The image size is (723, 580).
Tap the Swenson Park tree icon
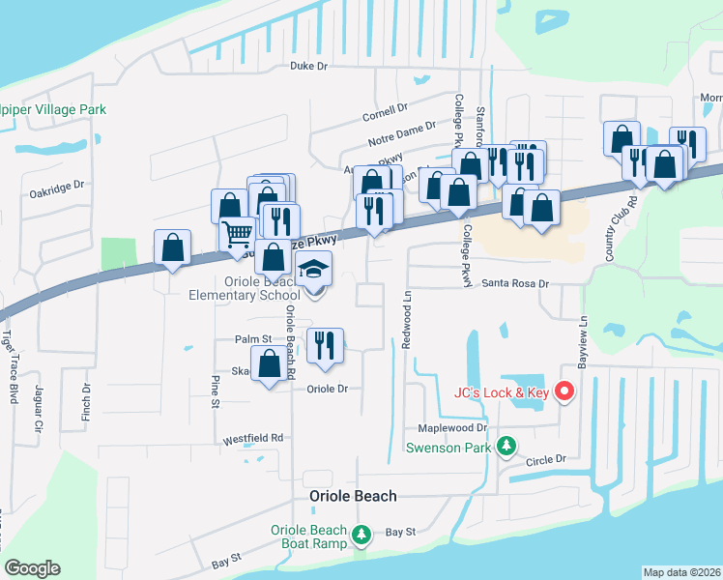coord(504,446)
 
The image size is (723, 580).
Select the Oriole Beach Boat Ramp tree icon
coord(361,534)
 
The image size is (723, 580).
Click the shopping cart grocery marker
coord(238,233)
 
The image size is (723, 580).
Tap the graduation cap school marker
coord(313,270)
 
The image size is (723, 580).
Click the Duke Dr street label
coord(309,66)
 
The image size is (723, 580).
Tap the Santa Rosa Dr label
coord(515,284)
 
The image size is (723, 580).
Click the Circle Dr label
coord(544,461)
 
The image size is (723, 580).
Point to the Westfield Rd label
coord(253,437)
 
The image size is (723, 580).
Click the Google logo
coord(32,568)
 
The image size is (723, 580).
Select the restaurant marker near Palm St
coord(324,345)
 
